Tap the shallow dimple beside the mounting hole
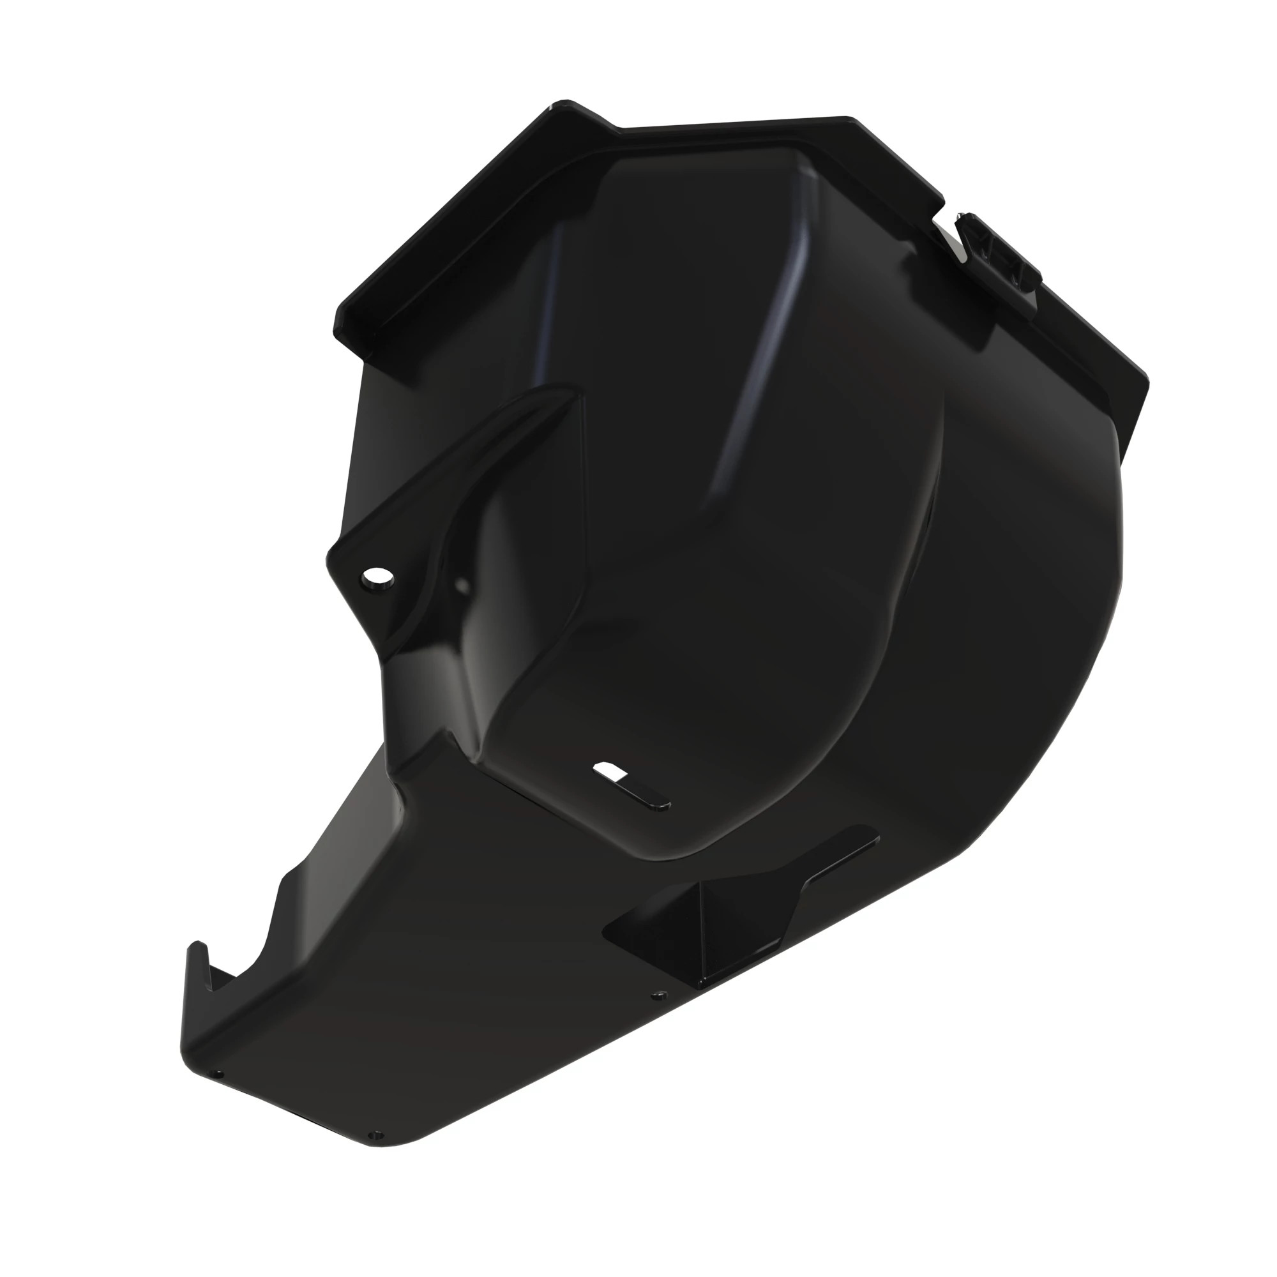pos(462,585)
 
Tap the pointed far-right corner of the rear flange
pos(1147,383)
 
